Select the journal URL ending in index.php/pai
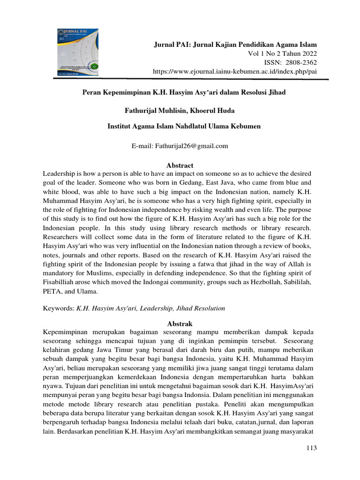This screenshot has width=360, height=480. (235, 71)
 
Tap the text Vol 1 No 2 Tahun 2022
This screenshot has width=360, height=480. (282, 53)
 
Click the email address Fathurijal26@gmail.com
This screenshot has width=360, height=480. (190, 146)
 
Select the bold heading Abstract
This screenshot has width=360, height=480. (180, 165)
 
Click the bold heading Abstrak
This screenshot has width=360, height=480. (180, 324)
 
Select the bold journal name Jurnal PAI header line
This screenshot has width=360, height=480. (236, 45)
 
